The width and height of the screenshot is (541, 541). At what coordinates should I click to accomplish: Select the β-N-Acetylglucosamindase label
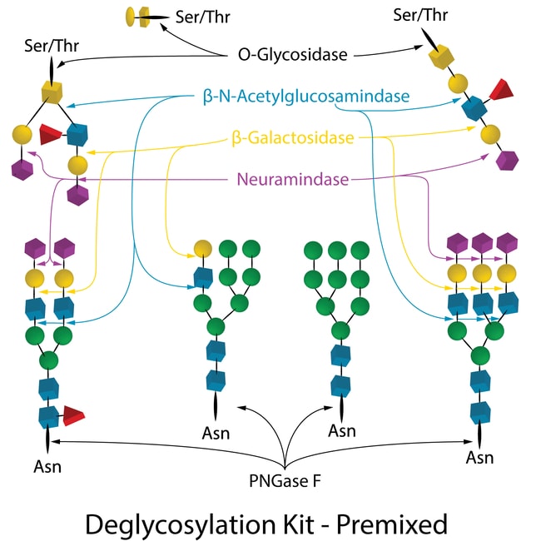[305, 97]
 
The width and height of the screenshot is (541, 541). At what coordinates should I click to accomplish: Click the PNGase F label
[284, 480]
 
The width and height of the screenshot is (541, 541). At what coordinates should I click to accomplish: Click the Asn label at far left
[47, 465]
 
